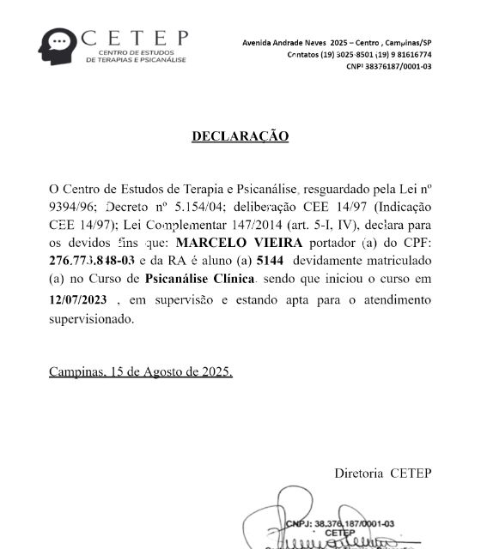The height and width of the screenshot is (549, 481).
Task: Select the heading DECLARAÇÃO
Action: [240, 136]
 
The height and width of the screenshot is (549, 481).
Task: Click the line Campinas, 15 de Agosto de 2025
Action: [140, 372]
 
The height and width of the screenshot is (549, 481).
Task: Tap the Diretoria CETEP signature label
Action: [383, 473]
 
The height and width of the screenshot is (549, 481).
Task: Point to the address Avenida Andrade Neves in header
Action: [293, 42]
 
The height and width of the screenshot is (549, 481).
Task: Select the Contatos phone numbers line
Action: [358, 54]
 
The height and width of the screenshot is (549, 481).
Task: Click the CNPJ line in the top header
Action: [388, 66]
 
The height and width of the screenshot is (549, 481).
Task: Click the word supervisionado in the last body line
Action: [92, 318]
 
